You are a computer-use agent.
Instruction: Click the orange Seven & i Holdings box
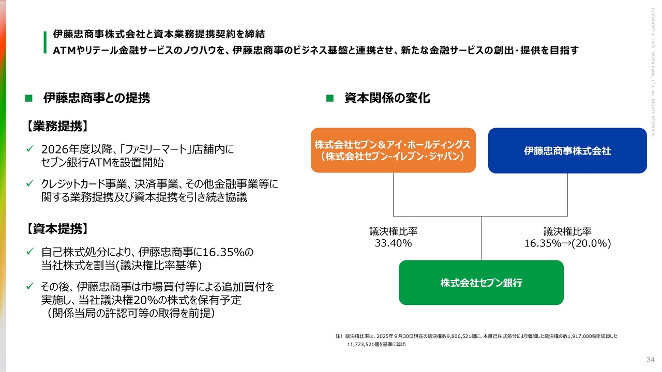pyautogui.click(x=393, y=150)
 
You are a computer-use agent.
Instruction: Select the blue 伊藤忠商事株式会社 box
pyautogui.click(x=567, y=150)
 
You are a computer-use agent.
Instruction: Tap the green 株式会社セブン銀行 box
pyautogui.click(x=481, y=283)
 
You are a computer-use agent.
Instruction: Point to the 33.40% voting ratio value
pyautogui.click(x=393, y=243)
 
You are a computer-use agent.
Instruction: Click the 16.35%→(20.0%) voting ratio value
pyautogui.click(x=567, y=243)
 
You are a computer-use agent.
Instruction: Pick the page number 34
pyautogui.click(x=651, y=360)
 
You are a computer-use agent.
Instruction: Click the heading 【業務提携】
pyautogui.click(x=57, y=126)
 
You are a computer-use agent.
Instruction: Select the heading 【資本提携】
pyautogui.click(x=57, y=229)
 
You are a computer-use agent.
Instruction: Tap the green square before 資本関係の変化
pyautogui.click(x=329, y=98)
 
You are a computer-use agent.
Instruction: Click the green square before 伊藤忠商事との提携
pyautogui.click(x=29, y=98)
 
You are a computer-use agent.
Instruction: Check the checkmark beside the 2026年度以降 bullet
pyautogui.click(x=30, y=150)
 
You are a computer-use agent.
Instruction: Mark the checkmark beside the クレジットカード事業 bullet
pyautogui.click(x=30, y=184)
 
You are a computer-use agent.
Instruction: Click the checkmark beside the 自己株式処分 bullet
pyautogui.click(x=30, y=252)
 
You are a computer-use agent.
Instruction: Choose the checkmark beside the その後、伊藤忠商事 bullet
pyautogui.click(x=30, y=286)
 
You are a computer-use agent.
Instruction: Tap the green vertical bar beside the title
pyautogui.click(x=45, y=42)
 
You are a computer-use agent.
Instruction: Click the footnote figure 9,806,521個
pyautogui.click(x=463, y=336)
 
